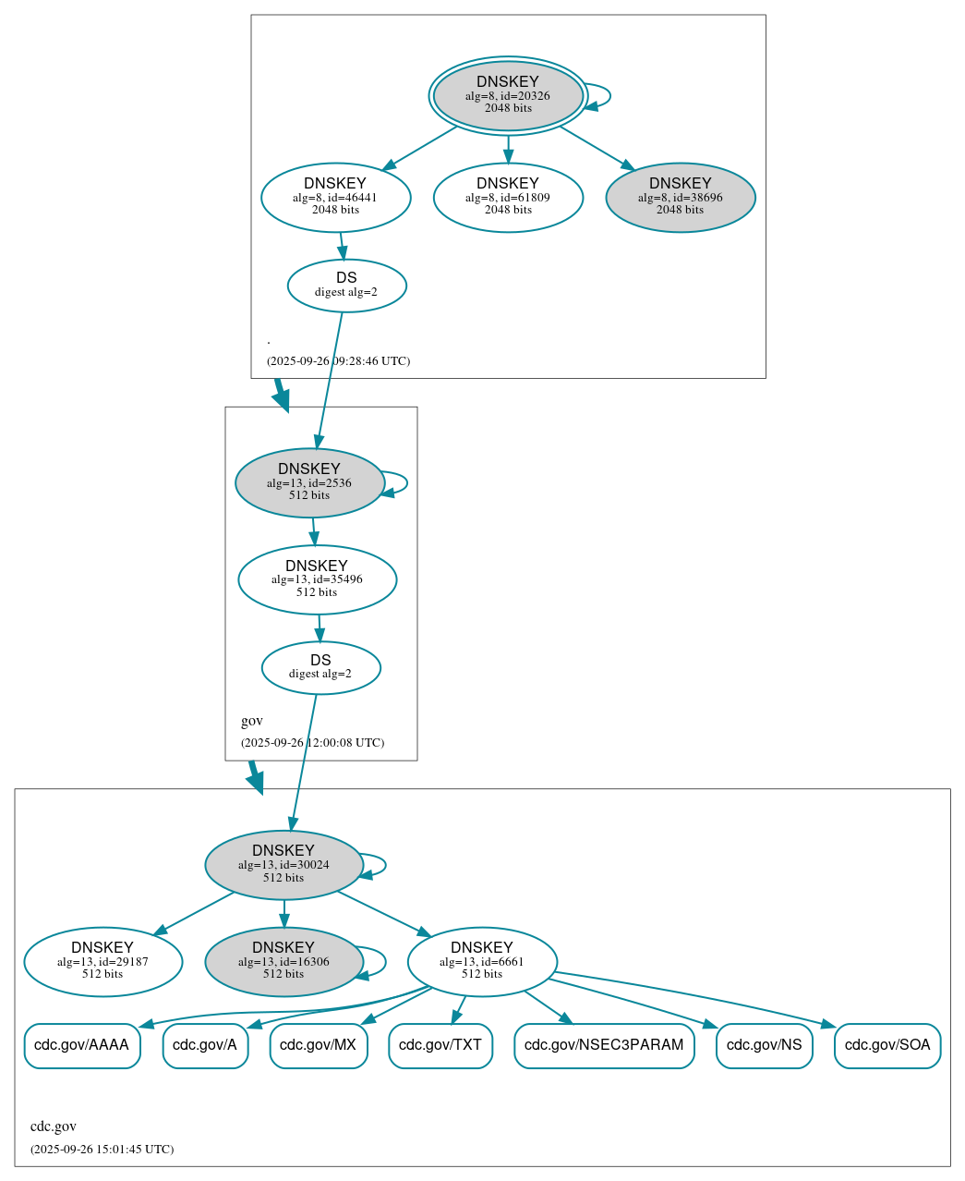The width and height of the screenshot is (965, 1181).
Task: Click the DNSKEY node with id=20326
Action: click(x=508, y=95)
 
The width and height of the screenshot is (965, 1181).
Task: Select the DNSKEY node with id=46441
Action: click(x=335, y=197)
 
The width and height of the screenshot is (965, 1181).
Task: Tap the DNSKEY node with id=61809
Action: click(x=508, y=197)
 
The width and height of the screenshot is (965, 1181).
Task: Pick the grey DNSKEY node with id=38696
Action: click(x=681, y=197)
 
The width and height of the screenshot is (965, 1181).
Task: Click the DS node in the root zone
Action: click(x=346, y=286)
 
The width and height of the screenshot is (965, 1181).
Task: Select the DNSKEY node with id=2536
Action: click(x=309, y=482)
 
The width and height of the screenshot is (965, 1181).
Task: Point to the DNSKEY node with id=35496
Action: click(x=317, y=579)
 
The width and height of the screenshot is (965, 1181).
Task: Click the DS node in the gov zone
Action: click(x=320, y=667)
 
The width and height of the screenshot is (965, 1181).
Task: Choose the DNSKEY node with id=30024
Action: click(x=283, y=865)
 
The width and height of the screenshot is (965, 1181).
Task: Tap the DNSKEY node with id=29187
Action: click(x=103, y=962)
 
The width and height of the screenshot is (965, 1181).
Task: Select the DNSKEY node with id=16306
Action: click(x=283, y=962)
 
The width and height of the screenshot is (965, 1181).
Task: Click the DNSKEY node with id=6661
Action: click(x=482, y=962)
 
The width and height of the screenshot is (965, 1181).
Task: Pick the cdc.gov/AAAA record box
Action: click(x=82, y=1046)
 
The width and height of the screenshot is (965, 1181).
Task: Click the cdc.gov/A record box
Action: click(x=205, y=1046)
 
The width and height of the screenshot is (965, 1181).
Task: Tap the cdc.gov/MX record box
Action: click(x=319, y=1046)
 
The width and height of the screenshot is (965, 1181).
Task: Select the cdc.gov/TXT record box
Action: click(x=440, y=1046)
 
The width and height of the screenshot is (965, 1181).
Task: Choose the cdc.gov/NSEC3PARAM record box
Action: click(x=604, y=1046)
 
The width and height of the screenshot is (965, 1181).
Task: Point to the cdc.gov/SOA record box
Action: click(x=887, y=1046)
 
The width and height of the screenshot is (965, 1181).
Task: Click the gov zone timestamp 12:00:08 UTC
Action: click(x=312, y=743)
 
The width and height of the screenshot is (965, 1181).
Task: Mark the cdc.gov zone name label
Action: click(x=54, y=1126)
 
